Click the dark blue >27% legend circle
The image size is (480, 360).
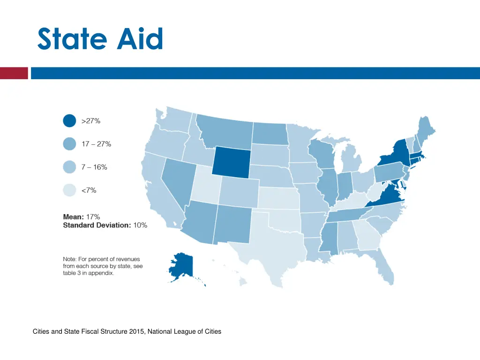tap(69, 121)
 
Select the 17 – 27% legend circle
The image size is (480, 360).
tap(69, 144)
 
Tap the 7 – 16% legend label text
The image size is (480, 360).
tap(94, 167)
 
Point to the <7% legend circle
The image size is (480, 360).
tap(69, 190)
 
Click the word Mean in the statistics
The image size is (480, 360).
tap(73, 217)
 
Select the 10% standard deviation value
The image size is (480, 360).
tap(140, 225)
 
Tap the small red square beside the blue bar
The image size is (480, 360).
tap(14, 73)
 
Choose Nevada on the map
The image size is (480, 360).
tap(176, 179)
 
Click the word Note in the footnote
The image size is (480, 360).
tap(71, 259)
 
